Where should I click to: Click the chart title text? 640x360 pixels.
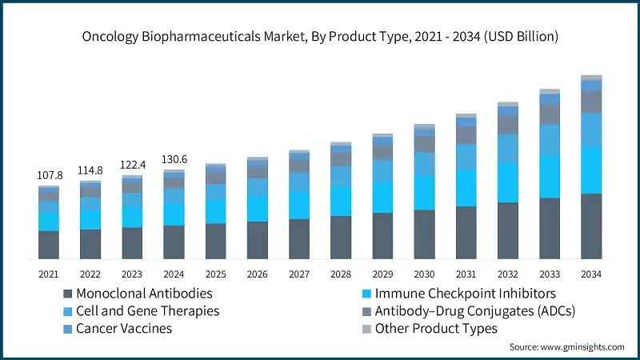[x=320, y=37]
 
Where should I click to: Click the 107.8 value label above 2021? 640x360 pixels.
[x=49, y=174]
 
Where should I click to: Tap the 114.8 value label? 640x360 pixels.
[x=90, y=170]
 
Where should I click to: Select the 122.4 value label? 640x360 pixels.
[x=132, y=165]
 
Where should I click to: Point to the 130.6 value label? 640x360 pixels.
[x=174, y=159]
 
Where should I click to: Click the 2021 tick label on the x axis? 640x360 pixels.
[x=49, y=274]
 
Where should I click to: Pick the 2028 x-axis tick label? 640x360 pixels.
[x=341, y=274]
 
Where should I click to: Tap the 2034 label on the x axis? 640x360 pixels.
[x=591, y=274]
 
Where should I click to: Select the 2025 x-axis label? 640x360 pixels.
[x=215, y=274]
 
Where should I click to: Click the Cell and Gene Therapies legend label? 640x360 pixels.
[x=148, y=310]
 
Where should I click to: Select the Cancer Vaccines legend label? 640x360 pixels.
[x=124, y=328]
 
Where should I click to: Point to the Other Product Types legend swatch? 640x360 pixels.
[x=367, y=328]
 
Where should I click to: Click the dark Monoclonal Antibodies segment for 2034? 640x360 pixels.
[x=591, y=226]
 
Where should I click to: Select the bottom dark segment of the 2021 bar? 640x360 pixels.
[x=49, y=245]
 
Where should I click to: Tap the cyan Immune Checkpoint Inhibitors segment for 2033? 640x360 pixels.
[x=550, y=176]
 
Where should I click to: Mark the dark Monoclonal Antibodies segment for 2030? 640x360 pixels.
[x=424, y=234]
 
